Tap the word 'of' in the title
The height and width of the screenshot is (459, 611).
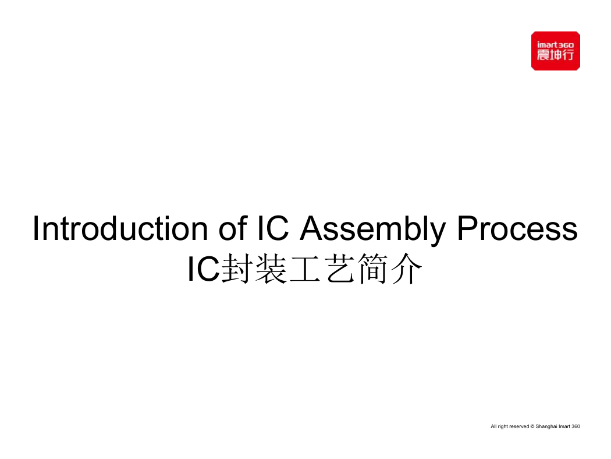tap(233, 228)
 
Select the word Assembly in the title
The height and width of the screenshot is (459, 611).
tap(372, 230)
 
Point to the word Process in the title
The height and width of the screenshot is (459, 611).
tap(517, 229)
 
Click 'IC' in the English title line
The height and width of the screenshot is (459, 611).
tap(273, 228)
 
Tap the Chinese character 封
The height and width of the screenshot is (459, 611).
tap(236, 269)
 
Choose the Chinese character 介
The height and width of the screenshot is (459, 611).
tap(406, 269)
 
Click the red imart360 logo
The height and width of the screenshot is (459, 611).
tap(555, 51)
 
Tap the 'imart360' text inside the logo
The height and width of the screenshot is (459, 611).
tap(555, 45)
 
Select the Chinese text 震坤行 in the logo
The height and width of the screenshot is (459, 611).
tap(555, 55)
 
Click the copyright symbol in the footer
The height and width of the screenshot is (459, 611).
tap(532, 426)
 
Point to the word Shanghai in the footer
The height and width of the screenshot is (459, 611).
tap(546, 426)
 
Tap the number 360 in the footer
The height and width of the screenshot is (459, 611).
tap(576, 426)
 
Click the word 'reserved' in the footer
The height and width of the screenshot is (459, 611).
tap(519, 426)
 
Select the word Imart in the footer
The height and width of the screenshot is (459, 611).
tap(564, 426)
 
